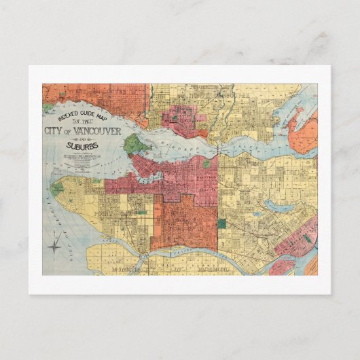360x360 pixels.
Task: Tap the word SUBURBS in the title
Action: click(x=81, y=145)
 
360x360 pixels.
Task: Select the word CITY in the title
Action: click(x=54, y=131)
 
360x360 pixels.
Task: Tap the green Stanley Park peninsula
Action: click(x=133, y=144)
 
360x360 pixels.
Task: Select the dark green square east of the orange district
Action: click(x=221, y=223)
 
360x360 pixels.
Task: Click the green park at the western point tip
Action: click(x=58, y=187)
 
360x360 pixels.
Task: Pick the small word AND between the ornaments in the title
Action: click(x=81, y=138)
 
